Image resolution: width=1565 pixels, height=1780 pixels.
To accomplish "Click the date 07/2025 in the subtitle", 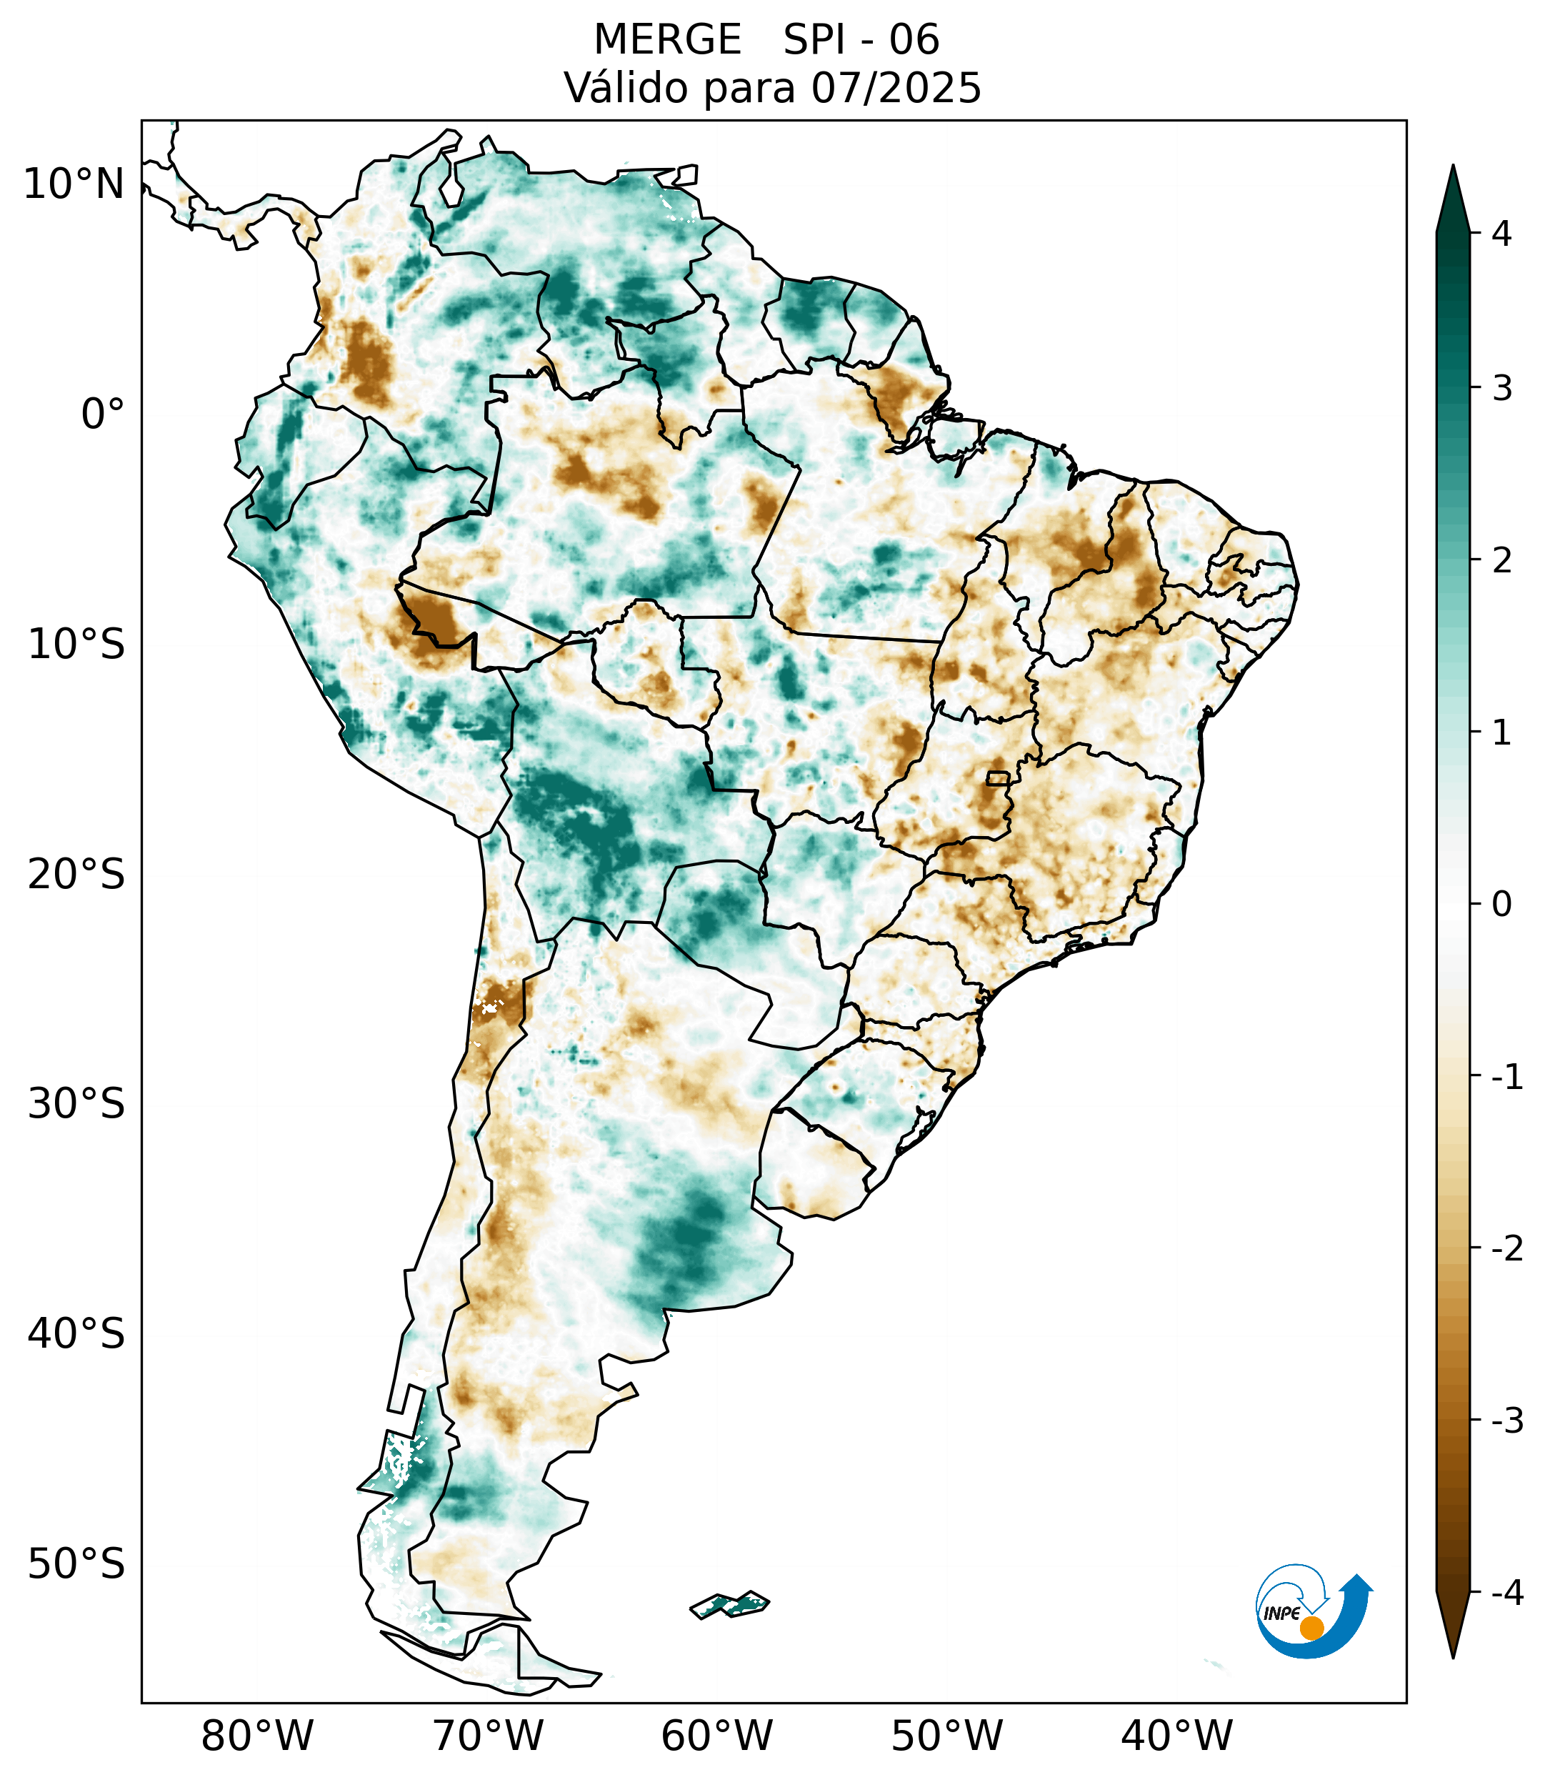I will click(896, 88).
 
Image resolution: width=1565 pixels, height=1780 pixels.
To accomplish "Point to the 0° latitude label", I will click(103, 414).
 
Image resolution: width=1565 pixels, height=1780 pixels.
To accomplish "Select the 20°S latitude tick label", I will click(76, 875).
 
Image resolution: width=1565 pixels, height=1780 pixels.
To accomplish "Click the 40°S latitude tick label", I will click(76, 1334).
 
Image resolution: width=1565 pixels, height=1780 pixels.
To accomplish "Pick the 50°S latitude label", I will click(76, 1565).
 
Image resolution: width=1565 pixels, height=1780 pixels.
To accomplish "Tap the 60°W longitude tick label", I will click(716, 1736).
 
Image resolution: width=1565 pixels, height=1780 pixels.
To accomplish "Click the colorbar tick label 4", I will click(1501, 234).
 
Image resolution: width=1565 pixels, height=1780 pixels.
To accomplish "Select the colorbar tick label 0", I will click(1501, 904).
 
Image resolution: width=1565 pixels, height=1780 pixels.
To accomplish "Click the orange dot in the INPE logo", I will click(1311, 1628).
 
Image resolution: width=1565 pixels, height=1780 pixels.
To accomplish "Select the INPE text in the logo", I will click(1282, 1614).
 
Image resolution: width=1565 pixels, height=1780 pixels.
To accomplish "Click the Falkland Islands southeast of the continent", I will click(729, 1604).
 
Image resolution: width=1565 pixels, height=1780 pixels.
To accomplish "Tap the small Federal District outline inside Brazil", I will click(997, 777).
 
